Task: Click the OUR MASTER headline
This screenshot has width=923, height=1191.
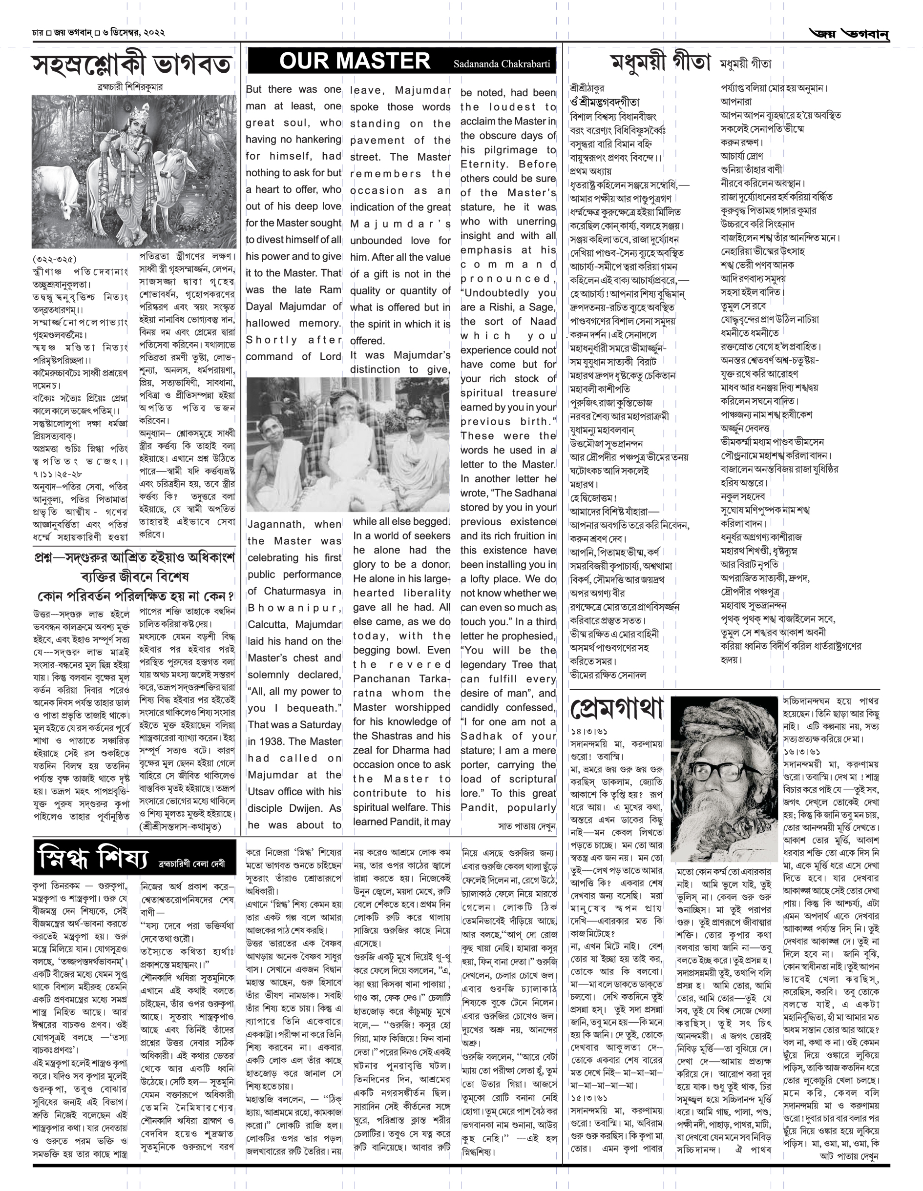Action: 355,61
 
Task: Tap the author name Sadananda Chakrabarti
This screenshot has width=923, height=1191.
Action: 503,64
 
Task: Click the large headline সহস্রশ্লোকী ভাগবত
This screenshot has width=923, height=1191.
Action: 132,65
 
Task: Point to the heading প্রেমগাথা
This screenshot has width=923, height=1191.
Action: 616,709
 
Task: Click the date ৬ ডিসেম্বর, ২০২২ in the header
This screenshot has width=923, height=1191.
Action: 134,33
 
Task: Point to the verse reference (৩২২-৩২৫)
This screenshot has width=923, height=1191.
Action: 55,259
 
